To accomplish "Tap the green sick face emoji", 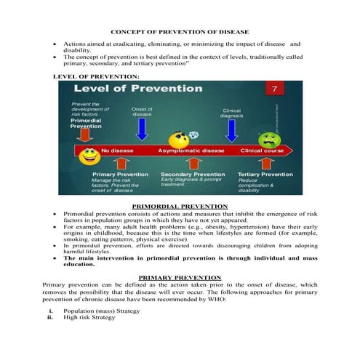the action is coord(270,139).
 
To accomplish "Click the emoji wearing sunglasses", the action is coord(177,140).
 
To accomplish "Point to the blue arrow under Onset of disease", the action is coord(142,128).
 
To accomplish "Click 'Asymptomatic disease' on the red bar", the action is coord(191,151).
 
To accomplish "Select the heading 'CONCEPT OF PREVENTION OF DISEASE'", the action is coord(179,32).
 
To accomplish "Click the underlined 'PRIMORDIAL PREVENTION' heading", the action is coord(180,207).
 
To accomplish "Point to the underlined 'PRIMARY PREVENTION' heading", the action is coord(180,278).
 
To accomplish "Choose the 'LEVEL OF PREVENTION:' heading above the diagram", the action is coord(92,76).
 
